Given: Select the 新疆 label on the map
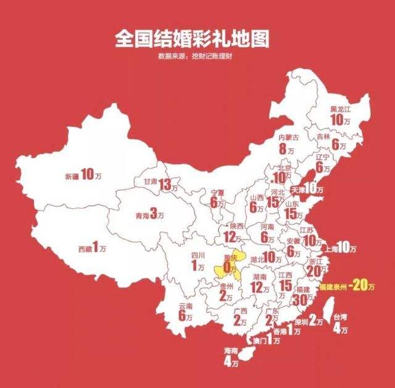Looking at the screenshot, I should pos(72,176).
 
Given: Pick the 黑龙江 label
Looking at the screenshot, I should pos(339,109).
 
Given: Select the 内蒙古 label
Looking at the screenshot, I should pos(288,137).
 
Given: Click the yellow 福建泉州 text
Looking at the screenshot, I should pos(331,287).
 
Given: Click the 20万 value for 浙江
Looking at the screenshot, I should pos(315,271).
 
